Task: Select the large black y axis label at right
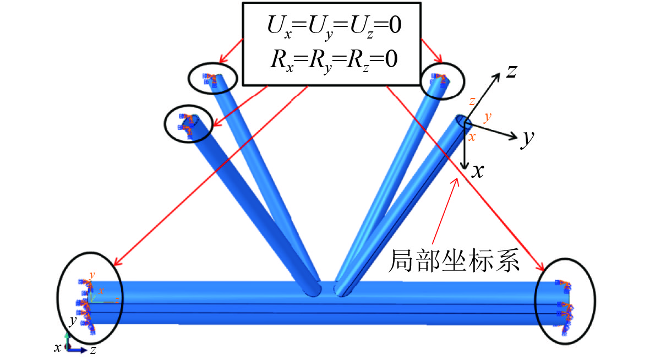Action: coord(528,140)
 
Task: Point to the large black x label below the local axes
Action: coord(478,172)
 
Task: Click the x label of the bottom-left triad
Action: coord(57,347)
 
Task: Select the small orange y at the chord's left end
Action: coord(92,274)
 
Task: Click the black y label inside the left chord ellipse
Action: coord(72,320)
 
